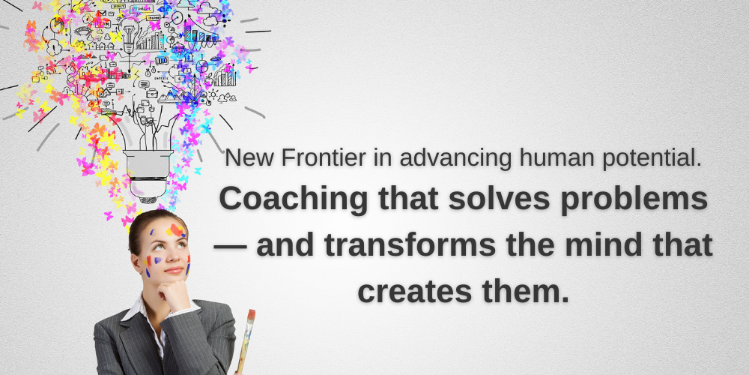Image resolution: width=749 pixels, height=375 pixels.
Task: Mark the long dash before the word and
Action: (231, 246)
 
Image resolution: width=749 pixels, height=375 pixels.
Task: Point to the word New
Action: (242, 158)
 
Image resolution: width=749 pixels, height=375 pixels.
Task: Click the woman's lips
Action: (173, 270)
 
